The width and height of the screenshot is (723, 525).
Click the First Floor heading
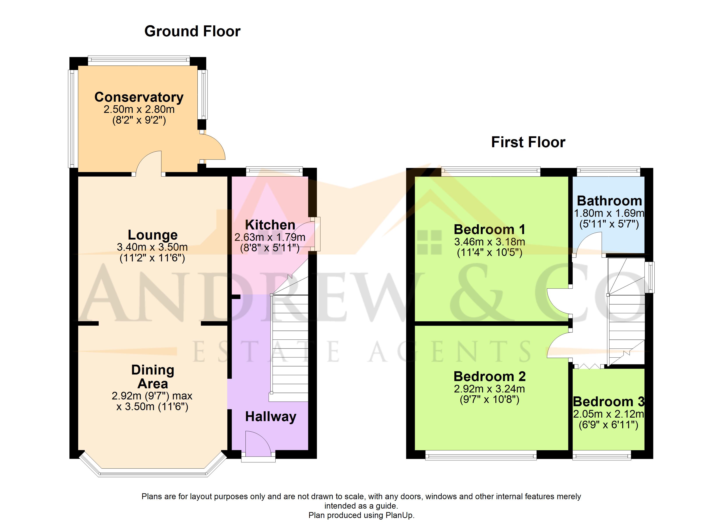528,142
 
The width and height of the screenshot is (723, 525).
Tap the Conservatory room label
139,97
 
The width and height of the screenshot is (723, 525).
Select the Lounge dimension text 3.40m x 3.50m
152,247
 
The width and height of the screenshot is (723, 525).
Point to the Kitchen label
270,225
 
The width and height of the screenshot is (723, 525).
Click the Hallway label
271,417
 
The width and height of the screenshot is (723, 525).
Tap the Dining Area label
153,377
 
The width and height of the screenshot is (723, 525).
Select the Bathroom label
609,201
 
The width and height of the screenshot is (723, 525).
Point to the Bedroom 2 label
489,376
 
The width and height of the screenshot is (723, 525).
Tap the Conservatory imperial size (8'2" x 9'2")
139,120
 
